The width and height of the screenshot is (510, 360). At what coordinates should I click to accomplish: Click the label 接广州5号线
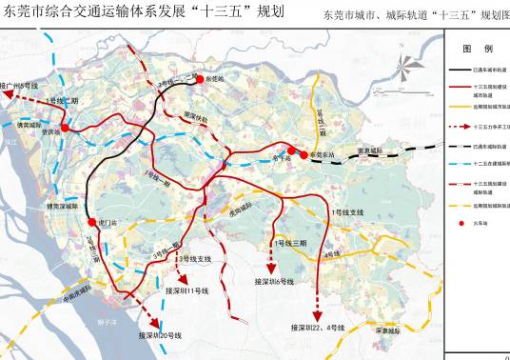19,85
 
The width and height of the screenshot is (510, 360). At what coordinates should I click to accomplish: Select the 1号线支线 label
343,210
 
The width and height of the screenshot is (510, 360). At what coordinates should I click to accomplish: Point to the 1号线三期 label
290,244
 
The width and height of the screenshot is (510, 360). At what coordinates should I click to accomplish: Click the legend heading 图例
478,48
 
